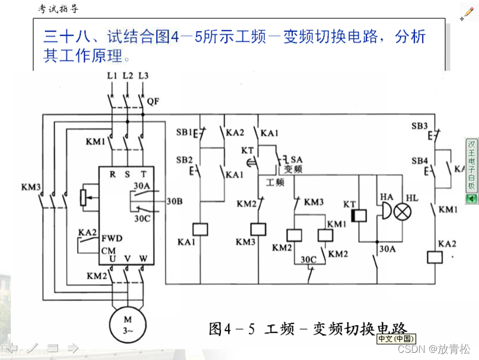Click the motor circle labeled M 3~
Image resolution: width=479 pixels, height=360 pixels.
pyautogui.click(x=128, y=323)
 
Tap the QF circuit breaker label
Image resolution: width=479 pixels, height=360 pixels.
pyautogui.click(x=153, y=101)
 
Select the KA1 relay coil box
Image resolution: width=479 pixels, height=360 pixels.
pyautogui.click(x=199, y=229)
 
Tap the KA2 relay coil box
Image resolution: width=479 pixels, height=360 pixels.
pyautogui.click(x=434, y=257)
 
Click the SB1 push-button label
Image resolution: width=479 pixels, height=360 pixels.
pyautogui.click(x=184, y=133)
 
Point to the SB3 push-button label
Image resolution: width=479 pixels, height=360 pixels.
pyautogui.click(x=419, y=126)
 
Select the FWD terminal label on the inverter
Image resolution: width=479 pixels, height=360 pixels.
pyautogui.click(x=111, y=239)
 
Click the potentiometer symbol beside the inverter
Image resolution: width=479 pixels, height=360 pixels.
pyautogui.click(x=84, y=197)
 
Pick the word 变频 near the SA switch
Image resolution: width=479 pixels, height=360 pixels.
pyautogui.click(x=293, y=169)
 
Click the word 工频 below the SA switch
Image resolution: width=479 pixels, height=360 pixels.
pyautogui.click(x=275, y=182)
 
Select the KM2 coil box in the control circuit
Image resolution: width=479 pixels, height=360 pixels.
pyautogui.click(x=293, y=234)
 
